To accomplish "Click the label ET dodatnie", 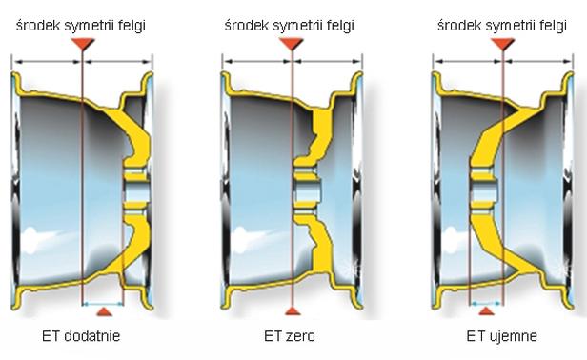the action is [x=81, y=336].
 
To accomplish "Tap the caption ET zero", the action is [x=290, y=336].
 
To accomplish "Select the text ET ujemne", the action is [x=501, y=336].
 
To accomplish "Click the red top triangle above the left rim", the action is [x=83, y=44].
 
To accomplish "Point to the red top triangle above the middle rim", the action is [x=292, y=44].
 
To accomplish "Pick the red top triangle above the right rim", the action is [x=503, y=44].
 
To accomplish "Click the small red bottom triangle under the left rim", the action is [x=104, y=311].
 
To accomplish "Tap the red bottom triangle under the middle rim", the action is [x=293, y=311].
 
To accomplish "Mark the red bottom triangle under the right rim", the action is [x=486, y=311].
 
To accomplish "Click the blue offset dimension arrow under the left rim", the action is [x=103, y=304].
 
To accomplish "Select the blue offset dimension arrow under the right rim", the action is [x=486, y=304].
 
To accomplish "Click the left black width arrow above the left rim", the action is [x=47, y=61].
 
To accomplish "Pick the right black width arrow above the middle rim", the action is [x=327, y=61].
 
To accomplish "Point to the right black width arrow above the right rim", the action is [x=538, y=61].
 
